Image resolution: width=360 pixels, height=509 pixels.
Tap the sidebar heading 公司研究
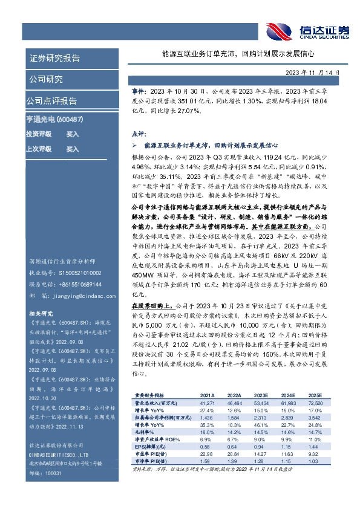click(46, 79)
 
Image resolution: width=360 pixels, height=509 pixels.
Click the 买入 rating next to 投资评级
click(73, 134)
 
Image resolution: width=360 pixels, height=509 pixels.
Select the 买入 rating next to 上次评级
click(73, 148)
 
